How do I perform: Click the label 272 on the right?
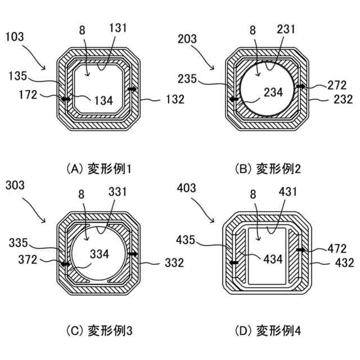(x=338, y=85)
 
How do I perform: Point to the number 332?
(x=174, y=262)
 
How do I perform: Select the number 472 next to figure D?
(x=337, y=248)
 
